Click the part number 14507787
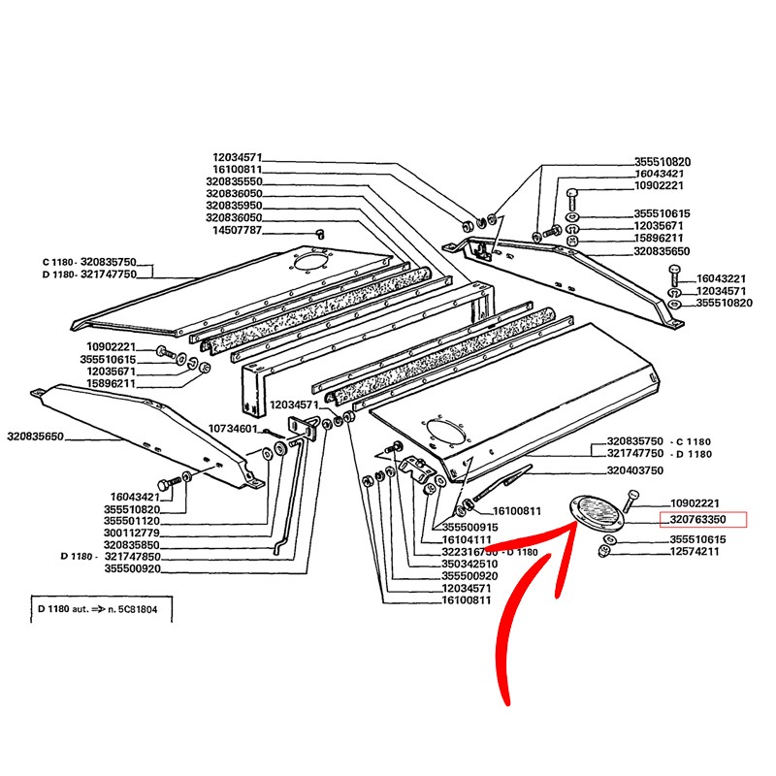tap(238, 231)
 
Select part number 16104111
tap(469, 538)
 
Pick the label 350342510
tap(469, 564)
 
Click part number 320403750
tap(635, 469)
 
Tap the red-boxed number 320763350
tap(704, 520)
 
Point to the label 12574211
tap(695, 552)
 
